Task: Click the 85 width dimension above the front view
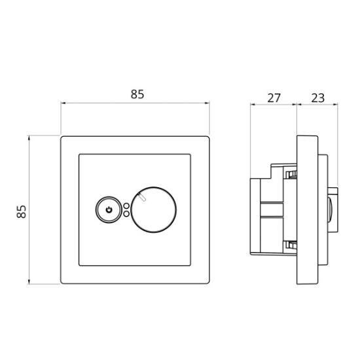pos(137,94)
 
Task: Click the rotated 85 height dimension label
pos(22,211)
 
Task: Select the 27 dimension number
pos(274,98)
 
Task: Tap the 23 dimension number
pos(317,98)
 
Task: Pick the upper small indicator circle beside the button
pos(126,206)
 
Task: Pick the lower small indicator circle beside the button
pos(126,214)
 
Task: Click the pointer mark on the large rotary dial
pos(142,198)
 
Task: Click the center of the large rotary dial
pos(154,210)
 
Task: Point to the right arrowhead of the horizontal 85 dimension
pos(207,103)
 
